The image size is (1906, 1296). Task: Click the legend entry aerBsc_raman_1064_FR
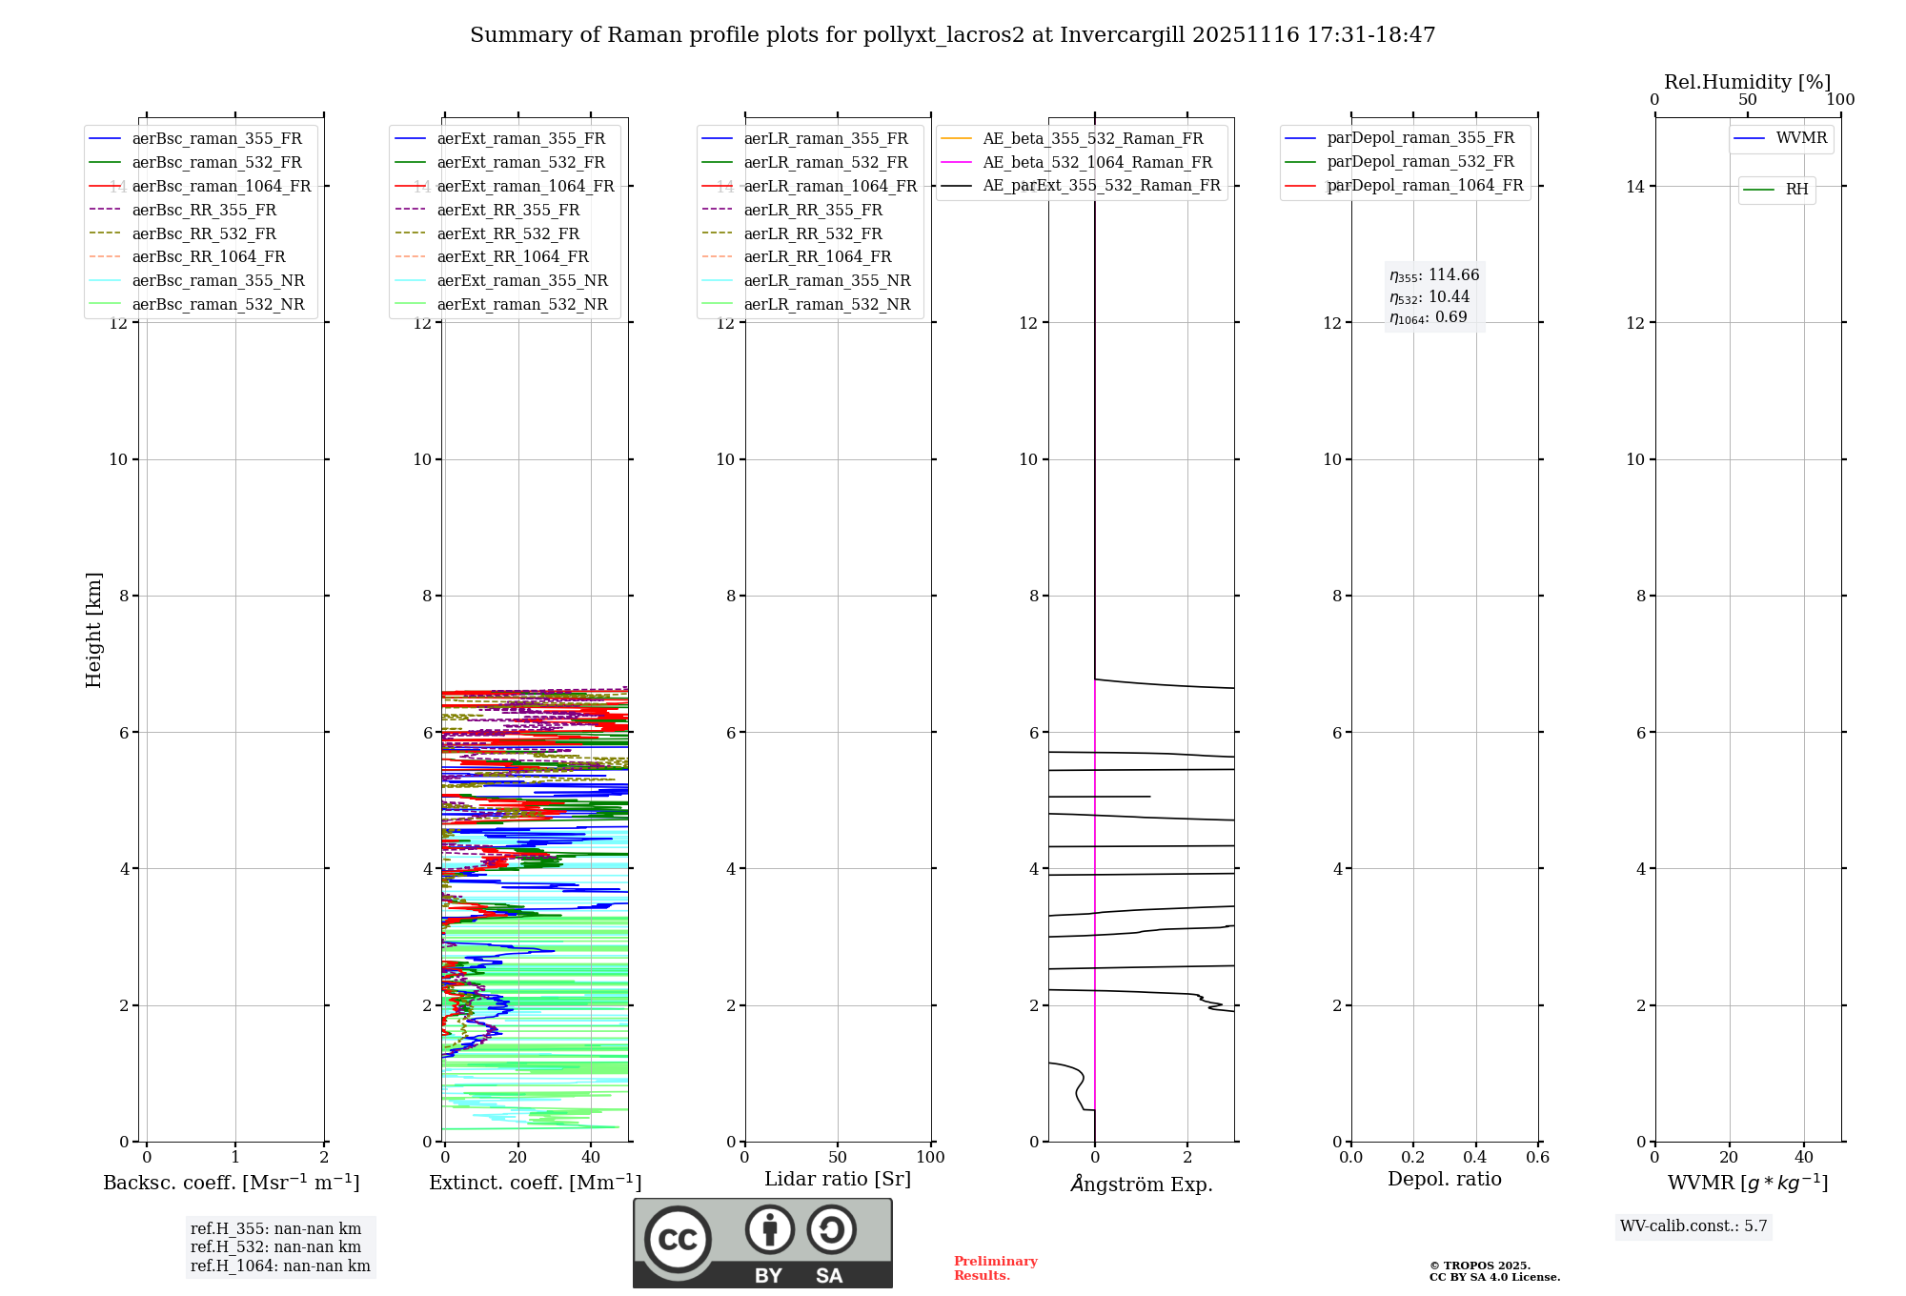point(221,186)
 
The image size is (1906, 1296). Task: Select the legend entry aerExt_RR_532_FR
point(507,233)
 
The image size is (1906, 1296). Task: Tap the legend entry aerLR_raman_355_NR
point(826,280)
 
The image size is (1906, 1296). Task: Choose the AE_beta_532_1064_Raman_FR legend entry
point(1097,162)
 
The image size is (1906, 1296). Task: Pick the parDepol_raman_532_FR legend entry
point(1420,162)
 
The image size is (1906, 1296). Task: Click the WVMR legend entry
point(1801,138)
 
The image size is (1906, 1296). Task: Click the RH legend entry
point(1796,190)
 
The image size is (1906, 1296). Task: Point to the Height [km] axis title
point(93,630)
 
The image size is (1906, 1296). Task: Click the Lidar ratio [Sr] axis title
point(838,1179)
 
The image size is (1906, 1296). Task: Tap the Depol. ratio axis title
point(1444,1179)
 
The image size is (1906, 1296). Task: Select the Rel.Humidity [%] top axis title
point(1747,82)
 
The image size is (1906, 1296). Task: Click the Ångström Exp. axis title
point(1141,1184)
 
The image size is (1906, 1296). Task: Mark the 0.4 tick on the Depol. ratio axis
point(1475,1157)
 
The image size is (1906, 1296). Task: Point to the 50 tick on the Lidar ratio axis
point(838,1157)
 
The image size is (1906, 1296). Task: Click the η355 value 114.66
point(1453,275)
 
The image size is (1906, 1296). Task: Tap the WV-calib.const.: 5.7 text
point(1693,1226)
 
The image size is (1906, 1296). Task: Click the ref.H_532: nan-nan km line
point(275,1246)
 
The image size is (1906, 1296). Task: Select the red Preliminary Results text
point(995,1268)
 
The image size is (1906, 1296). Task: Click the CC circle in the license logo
point(678,1240)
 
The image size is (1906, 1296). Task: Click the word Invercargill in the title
point(1122,35)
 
